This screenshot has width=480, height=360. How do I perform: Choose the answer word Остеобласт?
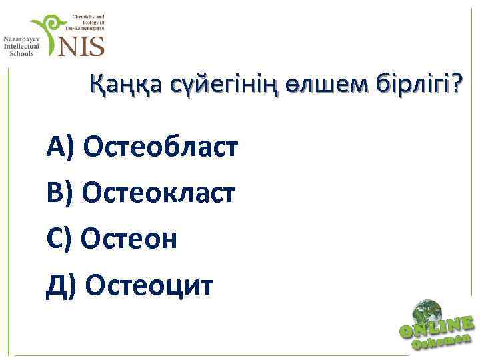tap(161, 145)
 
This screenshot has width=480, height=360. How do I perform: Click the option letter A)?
tap(62, 145)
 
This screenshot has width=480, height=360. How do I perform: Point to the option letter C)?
tap(61, 238)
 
